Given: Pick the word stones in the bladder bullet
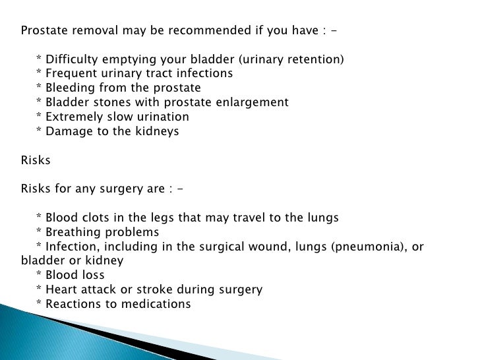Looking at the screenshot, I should point(107,102).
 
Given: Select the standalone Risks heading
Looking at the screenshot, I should point(36,160).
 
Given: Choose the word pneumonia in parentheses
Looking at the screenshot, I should point(368,247).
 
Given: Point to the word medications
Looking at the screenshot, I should point(158,304).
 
